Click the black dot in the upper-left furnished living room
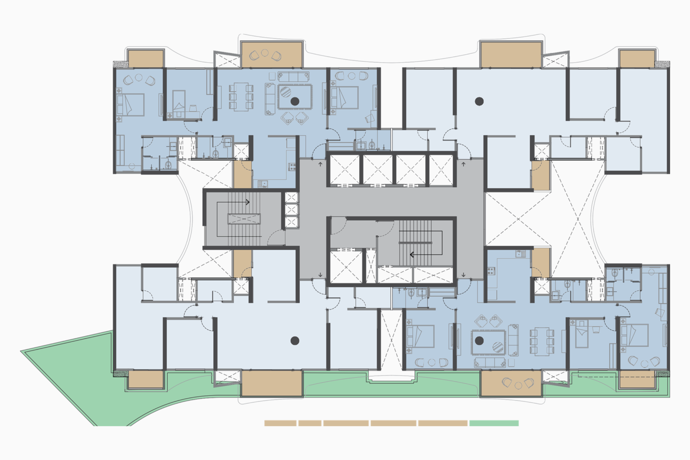(x=295, y=101)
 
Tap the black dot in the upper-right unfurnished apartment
(x=479, y=101)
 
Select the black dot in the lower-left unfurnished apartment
(x=295, y=341)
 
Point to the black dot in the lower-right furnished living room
(x=479, y=341)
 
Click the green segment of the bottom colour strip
(x=494, y=423)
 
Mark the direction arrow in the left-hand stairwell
(x=248, y=202)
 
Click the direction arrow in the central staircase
(x=412, y=254)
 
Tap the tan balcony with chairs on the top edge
(x=271, y=55)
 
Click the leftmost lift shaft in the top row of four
(x=344, y=169)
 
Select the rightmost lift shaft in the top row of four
(x=441, y=169)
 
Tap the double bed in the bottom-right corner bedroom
(x=634, y=335)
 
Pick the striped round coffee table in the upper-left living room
(x=285, y=92)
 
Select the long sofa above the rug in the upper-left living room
(x=294, y=77)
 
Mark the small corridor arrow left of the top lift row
(x=320, y=164)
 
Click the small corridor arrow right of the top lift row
(x=464, y=164)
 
